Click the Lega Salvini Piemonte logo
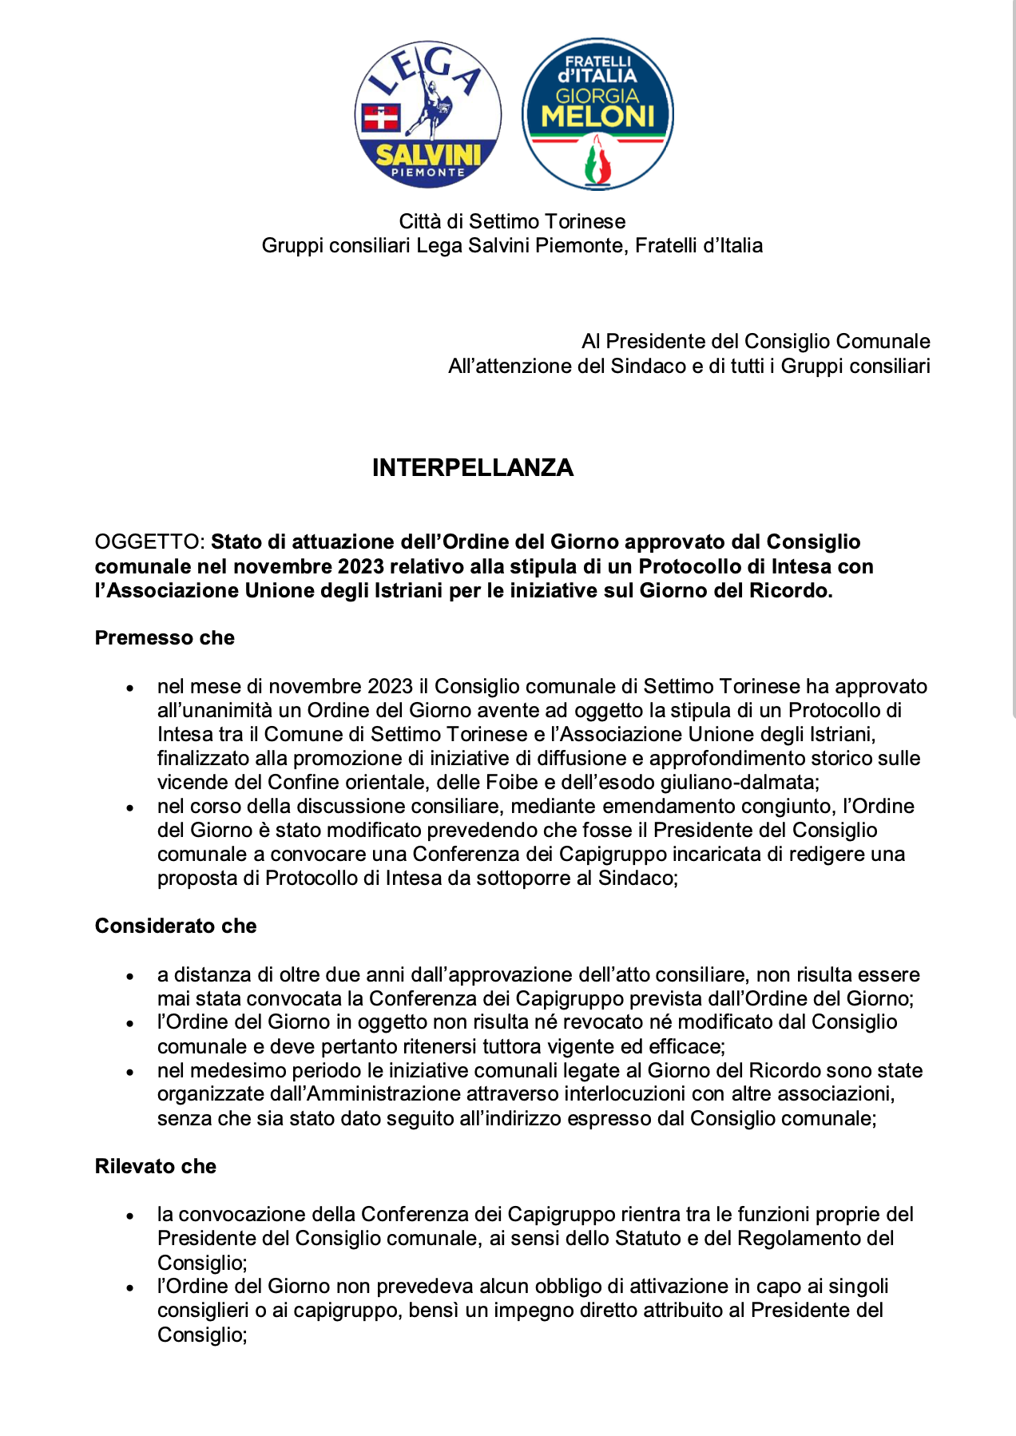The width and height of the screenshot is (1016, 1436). click(x=428, y=115)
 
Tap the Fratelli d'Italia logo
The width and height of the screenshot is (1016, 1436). click(x=597, y=114)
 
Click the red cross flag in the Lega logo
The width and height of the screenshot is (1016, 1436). click(x=381, y=117)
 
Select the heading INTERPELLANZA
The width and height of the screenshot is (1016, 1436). click(x=473, y=467)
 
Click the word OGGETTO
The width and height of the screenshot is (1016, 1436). click(x=148, y=542)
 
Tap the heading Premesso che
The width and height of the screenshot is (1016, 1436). click(x=165, y=638)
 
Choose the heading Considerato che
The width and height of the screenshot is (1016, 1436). click(x=176, y=926)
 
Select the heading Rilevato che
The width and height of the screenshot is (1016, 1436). click(x=156, y=1166)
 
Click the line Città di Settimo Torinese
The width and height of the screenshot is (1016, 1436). click(x=512, y=221)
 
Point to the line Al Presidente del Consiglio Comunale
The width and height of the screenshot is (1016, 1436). click(x=756, y=342)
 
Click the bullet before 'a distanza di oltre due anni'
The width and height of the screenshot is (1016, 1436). click(x=129, y=976)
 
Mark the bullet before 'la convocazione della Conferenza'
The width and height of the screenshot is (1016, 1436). click(x=129, y=1216)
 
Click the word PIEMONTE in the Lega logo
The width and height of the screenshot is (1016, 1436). click(x=427, y=173)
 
